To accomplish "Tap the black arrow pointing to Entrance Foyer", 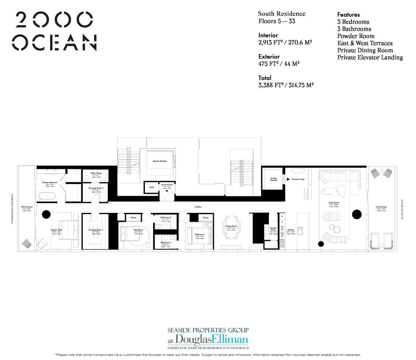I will (288, 180).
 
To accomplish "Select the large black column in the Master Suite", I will (46, 214).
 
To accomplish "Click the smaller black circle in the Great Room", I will (321, 244).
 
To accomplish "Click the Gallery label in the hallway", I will (198, 207).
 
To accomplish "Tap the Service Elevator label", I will (159, 161).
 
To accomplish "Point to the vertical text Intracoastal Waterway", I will (13, 208).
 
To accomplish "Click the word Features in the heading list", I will (348, 15).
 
